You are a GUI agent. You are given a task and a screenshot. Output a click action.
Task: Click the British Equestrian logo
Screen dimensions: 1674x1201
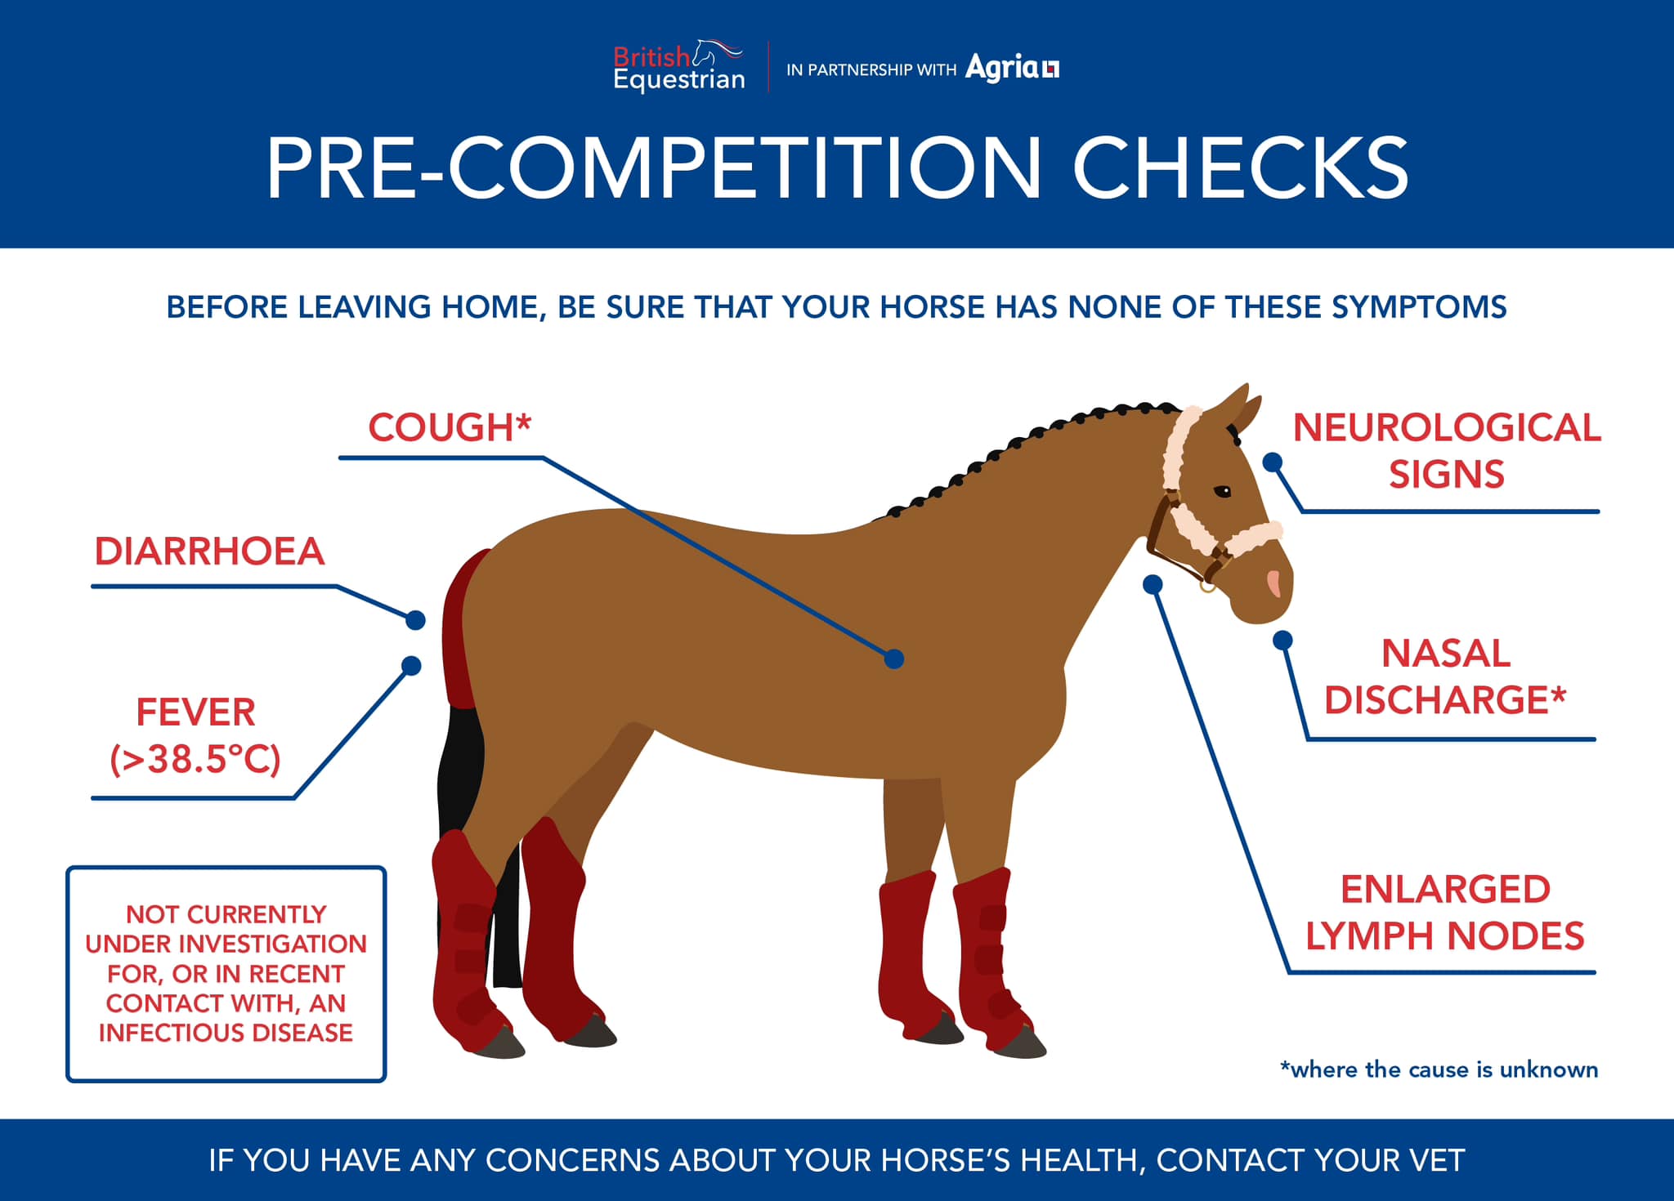pyautogui.click(x=679, y=65)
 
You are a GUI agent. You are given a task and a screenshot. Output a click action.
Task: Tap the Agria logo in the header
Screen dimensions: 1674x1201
pyautogui.click(x=1012, y=67)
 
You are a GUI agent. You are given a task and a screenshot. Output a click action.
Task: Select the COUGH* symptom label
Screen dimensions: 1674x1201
pyautogui.click(x=450, y=427)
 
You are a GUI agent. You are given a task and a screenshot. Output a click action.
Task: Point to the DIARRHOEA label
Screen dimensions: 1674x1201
pyautogui.click(x=210, y=551)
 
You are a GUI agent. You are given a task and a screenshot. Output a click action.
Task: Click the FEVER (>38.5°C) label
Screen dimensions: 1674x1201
pyautogui.click(x=195, y=735)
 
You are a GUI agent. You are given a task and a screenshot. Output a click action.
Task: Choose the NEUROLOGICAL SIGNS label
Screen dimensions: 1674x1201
pyautogui.click(x=1447, y=451)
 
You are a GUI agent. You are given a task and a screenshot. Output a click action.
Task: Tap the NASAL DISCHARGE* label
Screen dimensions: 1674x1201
pyautogui.click(x=1445, y=676)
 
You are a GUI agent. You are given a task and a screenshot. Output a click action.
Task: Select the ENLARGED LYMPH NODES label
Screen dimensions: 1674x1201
pyautogui.click(x=1445, y=913)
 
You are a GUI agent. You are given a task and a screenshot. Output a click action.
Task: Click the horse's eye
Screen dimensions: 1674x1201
pyautogui.click(x=1223, y=492)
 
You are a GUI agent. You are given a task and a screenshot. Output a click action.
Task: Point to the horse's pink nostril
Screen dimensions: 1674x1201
pyautogui.click(x=1273, y=583)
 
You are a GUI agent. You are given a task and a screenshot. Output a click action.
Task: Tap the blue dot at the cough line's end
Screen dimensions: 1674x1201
pyautogui.click(x=894, y=659)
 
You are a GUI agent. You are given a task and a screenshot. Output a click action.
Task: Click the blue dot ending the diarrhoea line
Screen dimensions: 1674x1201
pyautogui.click(x=415, y=620)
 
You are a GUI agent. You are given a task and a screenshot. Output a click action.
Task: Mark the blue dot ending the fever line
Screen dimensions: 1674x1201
pyautogui.click(x=411, y=666)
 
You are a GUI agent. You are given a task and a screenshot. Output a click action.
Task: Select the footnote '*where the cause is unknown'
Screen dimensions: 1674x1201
pyautogui.click(x=1439, y=1069)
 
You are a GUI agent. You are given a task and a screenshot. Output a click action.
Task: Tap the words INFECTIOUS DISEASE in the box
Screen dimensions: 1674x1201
pyautogui.click(x=226, y=1033)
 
